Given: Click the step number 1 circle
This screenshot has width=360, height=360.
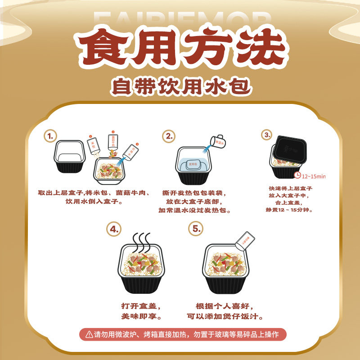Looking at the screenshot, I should [x=51, y=135].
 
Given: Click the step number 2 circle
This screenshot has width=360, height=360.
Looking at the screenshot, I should [x=169, y=136].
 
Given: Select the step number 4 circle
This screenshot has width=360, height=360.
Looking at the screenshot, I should [x=115, y=229].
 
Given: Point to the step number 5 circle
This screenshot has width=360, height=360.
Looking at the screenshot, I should [x=197, y=229].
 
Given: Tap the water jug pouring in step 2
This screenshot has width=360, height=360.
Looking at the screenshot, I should [x=220, y=140].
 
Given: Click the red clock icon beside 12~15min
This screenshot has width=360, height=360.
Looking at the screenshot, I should [x=297, y=176].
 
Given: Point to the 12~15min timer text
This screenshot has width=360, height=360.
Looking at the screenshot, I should [x=314, y=176].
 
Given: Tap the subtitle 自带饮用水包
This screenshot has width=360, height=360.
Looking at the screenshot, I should [x=180, y=85].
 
